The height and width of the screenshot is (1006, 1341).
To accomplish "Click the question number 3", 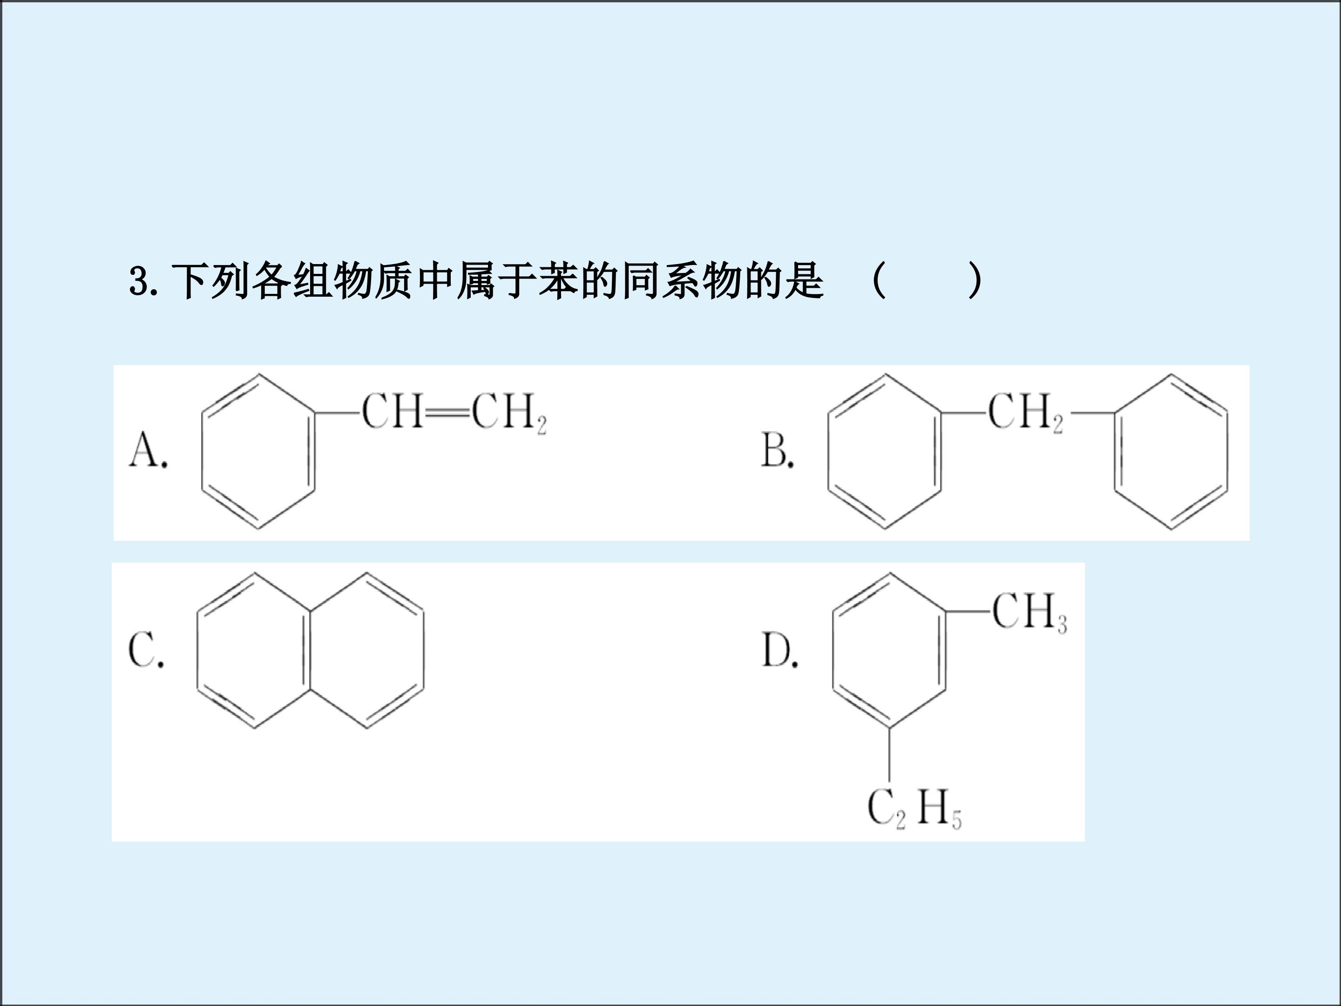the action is click(x=140, y=281).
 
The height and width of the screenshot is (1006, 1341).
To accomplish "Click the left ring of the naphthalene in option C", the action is click(x=197, y=650).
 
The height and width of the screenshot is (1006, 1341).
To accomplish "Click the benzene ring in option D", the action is click(x=833, y=650).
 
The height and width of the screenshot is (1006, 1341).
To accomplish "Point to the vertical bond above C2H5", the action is click(x=889, y=755).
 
